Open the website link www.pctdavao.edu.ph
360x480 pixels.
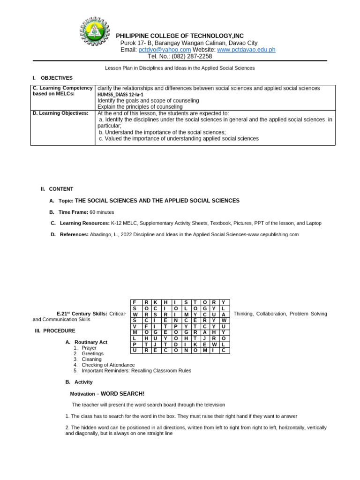click(246, 50)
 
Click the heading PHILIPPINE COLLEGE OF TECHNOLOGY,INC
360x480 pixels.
click(180, 36)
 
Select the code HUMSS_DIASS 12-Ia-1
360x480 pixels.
click(120, 95)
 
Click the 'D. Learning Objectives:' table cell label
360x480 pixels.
click(60, 113)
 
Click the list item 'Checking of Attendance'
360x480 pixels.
click(108, 365)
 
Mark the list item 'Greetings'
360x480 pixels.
click(93, 353)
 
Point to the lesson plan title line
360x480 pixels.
click(180, 68)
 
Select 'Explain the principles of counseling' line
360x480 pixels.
click(140, 107)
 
